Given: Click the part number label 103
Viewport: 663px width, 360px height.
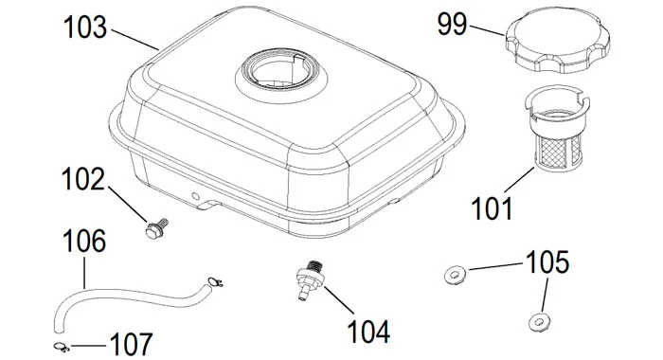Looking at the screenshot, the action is pyautogui.click(x=85, y=27).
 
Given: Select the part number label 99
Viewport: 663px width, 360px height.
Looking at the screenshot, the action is pyautogui.click(x=452, y=24).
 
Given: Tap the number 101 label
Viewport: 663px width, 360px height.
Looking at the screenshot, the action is pyautogui.click(x=492, y=208).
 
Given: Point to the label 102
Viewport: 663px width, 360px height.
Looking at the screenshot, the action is pyautogui.click(x=83, y=179).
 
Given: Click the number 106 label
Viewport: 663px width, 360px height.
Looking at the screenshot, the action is pyautogui.click(x=84, y=241).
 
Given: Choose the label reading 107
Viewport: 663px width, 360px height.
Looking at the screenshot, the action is pyautogui.click(x=131, y=344).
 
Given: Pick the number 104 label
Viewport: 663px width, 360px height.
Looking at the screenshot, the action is pyautogui.click(x=368, y=332).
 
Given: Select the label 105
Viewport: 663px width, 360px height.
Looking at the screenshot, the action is pyautogui.click(x=548, y=261).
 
